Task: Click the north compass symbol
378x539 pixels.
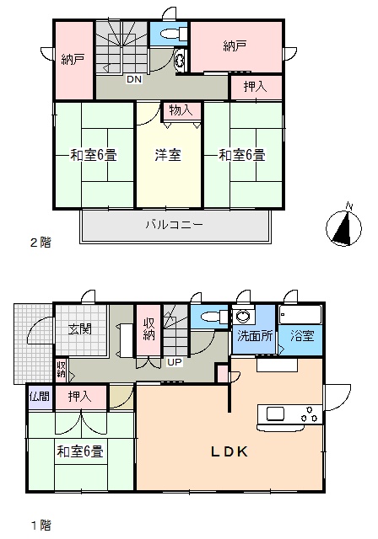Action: tap(343, 227)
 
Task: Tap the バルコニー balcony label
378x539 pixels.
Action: tap(174, 225)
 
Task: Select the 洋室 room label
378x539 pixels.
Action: tap(168, 155)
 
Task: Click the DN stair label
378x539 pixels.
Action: tap(134, 79)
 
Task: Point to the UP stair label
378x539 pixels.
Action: tap(175, 362)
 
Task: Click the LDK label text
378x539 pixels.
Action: tap(229, 451)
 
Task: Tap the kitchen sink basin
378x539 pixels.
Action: tap(275, 414)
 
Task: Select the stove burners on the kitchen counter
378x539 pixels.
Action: tap(310, 414)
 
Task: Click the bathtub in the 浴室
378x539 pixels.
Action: tap(300, 314)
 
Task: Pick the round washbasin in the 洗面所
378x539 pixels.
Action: tap(243, 316)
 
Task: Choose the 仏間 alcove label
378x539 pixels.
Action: tap(40, 397)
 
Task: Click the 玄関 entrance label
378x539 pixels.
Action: tap(80, 329)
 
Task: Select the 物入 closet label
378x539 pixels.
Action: tap(181, 110)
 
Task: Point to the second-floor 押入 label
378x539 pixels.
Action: tap(255, 86)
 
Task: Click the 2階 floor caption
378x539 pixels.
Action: tap(40, 243)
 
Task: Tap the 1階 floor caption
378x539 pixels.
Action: tap(41, 526)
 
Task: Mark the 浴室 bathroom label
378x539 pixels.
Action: tap(302, 335)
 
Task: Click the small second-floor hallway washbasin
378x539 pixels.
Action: tap(180, 61)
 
